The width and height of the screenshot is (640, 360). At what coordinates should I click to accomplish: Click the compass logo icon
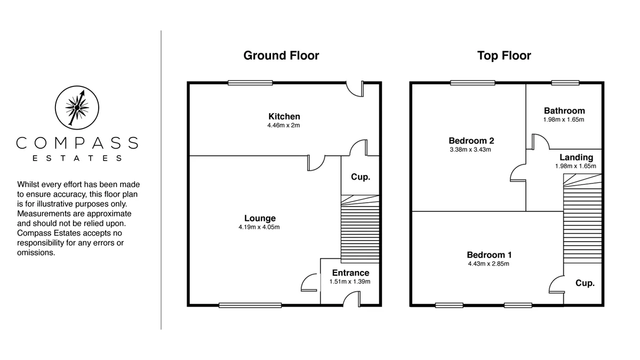(x=77, y=108)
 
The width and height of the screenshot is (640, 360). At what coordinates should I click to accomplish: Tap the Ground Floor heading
(x=281, y=55)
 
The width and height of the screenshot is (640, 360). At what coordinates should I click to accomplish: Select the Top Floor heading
(x=504, y=55)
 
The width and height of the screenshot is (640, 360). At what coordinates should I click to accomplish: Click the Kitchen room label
(x=284, y=116)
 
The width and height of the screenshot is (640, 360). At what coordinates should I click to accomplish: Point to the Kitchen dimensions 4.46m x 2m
(x=283, y=125)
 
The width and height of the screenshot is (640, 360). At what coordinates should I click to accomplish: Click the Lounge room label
(x=260, y=218)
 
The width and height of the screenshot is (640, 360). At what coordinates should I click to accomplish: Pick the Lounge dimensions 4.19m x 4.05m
(x=259, y=227)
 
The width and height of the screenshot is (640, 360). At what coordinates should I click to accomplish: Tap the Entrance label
(x=350, y=273)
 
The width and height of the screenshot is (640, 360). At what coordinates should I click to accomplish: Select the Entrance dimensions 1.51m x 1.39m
(x=350, y=282)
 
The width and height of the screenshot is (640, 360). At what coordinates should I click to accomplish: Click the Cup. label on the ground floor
(x=361, y=177)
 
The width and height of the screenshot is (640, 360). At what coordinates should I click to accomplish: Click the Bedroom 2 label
(x=471, y=141)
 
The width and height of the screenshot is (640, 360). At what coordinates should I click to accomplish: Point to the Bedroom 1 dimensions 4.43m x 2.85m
(x=489, y=263)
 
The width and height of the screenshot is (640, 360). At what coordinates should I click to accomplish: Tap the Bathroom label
(x=564, y=110)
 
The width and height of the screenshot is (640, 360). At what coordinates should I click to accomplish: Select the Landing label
(x=576, y=157)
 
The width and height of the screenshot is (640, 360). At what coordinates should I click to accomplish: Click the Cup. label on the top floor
(x=585, y=283)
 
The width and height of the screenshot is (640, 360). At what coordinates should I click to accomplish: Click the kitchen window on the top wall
(x=250, y=83)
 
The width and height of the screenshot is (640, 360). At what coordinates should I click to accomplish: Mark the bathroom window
(x=565, y=83)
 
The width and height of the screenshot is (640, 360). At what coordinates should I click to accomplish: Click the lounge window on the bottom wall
(x=250, y=306)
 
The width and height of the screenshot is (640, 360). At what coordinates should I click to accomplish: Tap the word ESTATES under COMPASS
(x=77, y=158)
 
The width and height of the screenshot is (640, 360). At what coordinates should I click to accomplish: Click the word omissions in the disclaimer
(x=36, y=253)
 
